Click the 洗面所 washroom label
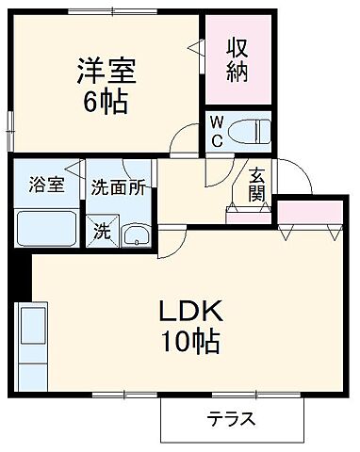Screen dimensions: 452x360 point(119,186)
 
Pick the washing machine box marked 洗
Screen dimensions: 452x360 point(101,228)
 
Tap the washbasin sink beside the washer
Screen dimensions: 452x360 point(136,234)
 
